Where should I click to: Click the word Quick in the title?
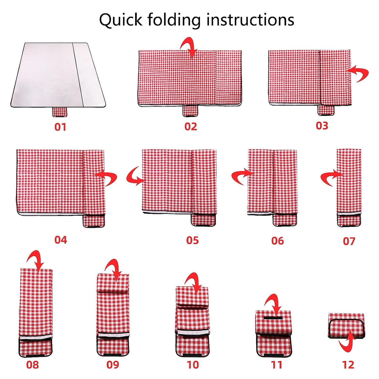click(121, 20)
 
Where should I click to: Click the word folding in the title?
click(175, 20)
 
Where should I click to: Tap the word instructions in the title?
click(250, 19)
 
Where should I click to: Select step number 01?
click(60, 127)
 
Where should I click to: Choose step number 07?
click(349, 241)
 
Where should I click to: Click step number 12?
click(348, 365)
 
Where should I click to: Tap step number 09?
click(113, 365)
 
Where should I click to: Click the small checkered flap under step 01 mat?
click(60, 112)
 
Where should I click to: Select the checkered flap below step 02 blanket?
click(190, 111)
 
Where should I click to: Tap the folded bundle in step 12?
click(346, 326)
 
